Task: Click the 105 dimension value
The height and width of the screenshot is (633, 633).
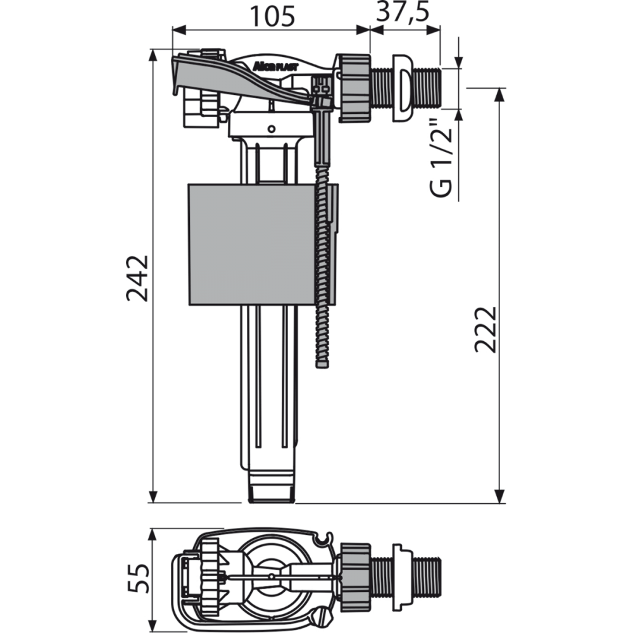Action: (272, 16)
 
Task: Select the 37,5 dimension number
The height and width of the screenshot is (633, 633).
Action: (403, 13)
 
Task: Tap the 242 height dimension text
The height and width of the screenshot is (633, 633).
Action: (137, 278)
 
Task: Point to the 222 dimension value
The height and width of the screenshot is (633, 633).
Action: (485, 330)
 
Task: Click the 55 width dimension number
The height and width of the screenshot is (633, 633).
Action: (138, 578)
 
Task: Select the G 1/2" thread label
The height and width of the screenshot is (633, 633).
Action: (441, 158)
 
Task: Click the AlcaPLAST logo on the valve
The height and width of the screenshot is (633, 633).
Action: (275, 66)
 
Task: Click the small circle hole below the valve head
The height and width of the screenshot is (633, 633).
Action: (272, 129)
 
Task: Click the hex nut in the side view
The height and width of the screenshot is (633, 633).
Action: (354, 87)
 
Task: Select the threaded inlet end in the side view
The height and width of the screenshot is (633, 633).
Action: (428, 87)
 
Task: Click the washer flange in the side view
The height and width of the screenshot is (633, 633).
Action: (403, 87)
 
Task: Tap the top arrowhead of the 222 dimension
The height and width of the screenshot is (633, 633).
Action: (500, 94)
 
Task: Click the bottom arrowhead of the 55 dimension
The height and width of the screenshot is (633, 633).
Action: (152, 625)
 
